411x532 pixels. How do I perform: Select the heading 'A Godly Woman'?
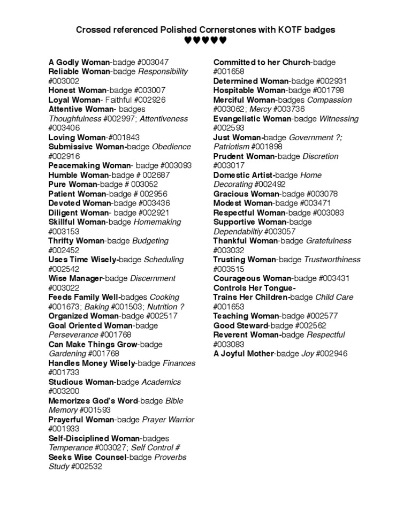click(x=79, y=62)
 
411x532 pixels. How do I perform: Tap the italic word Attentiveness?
click(x=164, y=118)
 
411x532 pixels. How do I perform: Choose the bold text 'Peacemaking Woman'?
click(x=89, y=165)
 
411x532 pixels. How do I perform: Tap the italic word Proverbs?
click(x=170, y=457)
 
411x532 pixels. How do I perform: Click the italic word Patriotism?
click(x=232, y=147)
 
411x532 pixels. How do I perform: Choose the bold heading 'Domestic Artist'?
click(x=243, y=175)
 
